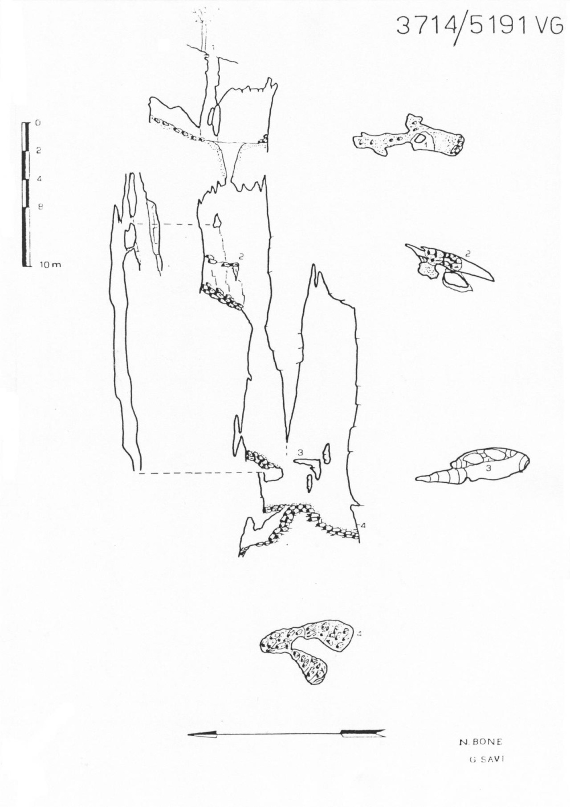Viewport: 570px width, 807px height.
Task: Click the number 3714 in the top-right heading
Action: click(x=426, y=26)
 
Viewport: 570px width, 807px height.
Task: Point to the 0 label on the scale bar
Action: click(x=38, y=122)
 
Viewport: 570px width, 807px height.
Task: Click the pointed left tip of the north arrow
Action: click(x=190, y=735)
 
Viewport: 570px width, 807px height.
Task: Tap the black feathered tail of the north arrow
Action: click(x=363, y=733)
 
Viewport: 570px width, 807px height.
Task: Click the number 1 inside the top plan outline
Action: click(x=426, y=146)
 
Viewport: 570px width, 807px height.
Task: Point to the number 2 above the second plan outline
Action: click(x=467, y=251)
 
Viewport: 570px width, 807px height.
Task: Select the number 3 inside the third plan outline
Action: click(x=489, y=467)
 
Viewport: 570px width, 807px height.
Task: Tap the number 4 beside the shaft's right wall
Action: click(x=363, y=524)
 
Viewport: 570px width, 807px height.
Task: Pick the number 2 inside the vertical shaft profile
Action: click(x=241, y=257)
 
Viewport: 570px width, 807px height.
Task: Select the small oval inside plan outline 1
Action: click(x=422, y=139)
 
